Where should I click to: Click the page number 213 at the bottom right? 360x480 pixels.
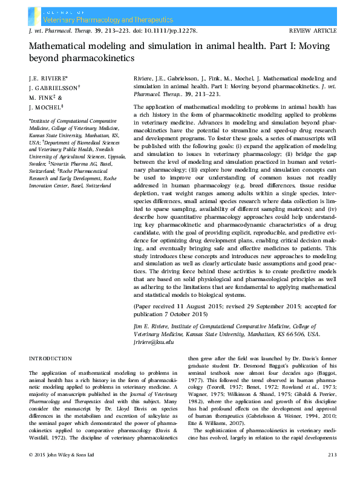pos(332,470)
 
